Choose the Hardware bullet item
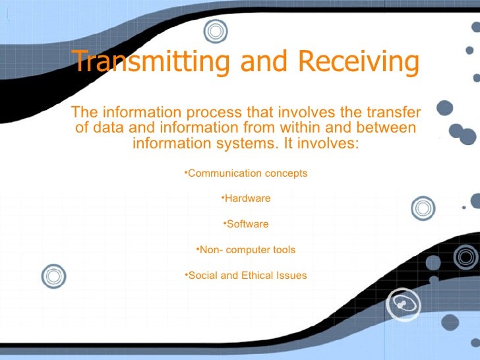click(x=247, y=198)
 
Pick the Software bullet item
click(x=247, y=224)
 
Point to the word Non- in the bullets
click(x=210, y=250)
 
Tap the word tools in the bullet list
click(x=282, y=250)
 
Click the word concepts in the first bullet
click(x=285, y=173)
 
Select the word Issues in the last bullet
click(x=292, y=276)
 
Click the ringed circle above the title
click(x=215, y=30)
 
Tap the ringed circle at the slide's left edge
click(x=53, y=276)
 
